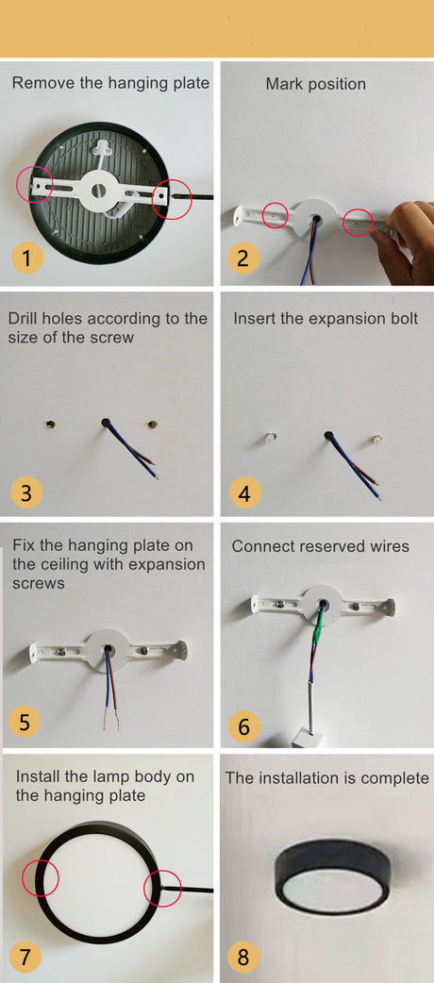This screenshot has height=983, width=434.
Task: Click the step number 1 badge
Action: tap(26, 257)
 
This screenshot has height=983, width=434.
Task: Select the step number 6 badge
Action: tap(244, 726)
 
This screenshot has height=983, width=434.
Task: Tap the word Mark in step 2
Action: tap(283, 83)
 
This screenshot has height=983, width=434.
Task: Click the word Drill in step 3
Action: tap(23, 318)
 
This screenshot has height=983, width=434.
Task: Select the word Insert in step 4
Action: tap(255, 318)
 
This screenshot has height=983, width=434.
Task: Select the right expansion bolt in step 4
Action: tap(376, 439)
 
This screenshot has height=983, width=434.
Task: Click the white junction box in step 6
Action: tap(310, 738)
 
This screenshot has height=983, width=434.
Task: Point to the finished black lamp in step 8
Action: tap(333, 876)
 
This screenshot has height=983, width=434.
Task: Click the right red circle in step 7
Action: tap(162, 889)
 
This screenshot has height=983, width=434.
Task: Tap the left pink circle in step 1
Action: tap(35, 184)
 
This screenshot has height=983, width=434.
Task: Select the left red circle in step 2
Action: tap(275, 216)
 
